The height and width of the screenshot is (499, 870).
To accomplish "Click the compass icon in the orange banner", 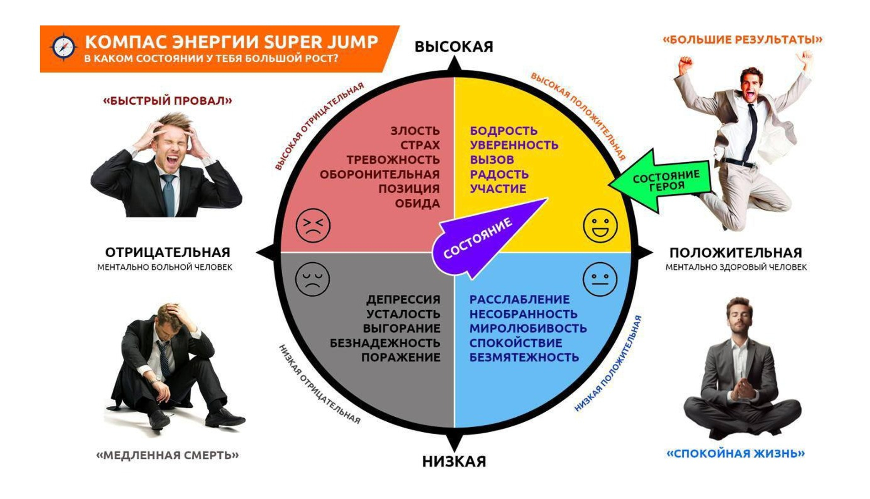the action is point(63,47).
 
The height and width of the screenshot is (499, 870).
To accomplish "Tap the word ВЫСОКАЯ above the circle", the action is point(453,47).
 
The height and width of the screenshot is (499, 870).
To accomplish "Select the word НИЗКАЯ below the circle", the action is point(453,461).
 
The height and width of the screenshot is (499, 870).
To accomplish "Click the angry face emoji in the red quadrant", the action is point(312,225).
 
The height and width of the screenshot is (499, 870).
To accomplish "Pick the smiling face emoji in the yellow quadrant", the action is point(600,225).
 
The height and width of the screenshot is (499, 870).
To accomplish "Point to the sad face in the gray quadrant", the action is point(312,279).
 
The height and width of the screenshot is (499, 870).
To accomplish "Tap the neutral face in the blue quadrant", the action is point(600,279).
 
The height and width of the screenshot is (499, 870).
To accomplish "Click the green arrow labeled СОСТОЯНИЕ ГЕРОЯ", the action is point(662,181).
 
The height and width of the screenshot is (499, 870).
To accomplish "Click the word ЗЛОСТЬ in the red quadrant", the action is point(415,131).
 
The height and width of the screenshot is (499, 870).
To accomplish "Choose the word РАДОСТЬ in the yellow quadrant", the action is point(499,174).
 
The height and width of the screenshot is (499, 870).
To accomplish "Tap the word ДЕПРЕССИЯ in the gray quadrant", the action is point(403,299).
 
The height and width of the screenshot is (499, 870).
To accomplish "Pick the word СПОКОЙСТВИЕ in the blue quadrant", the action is point(516,343).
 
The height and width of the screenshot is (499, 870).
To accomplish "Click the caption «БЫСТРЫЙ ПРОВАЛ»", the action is point(167,101).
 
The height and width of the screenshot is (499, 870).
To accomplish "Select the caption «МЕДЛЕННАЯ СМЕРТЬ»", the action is point(167,455).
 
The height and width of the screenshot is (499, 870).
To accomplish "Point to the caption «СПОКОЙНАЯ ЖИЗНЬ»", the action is point(735,453).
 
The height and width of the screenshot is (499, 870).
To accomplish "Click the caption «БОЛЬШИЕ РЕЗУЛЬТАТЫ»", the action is point(742,40).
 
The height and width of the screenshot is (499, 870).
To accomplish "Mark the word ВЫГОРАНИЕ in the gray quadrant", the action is point(401,328).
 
